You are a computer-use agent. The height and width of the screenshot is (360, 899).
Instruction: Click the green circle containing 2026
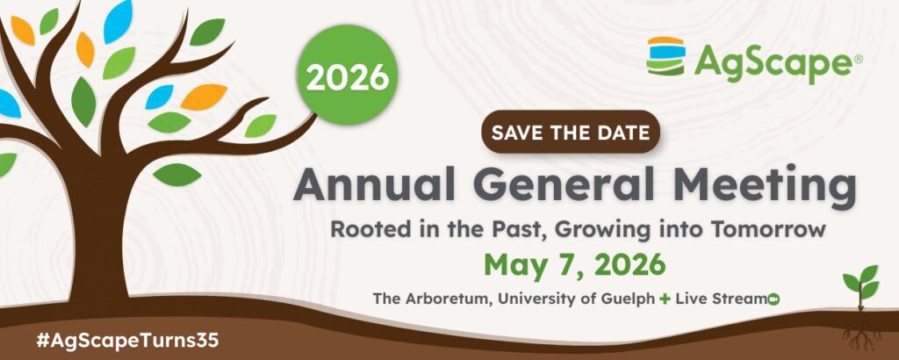tap(347, 76)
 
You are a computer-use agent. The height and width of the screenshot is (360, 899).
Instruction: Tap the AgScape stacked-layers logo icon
tap(665, 56)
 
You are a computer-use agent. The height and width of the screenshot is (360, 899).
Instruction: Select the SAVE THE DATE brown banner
tap(571, 132)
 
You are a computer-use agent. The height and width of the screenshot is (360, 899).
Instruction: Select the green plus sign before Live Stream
tap(665, 299)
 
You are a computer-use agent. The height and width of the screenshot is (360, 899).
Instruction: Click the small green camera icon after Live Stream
tap(773, 299)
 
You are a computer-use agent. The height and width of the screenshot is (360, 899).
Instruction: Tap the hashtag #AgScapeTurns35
tap(127, 341)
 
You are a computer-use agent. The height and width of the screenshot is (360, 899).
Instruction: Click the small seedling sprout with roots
tap(860, 306)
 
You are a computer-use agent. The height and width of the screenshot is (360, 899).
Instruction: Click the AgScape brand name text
tap(773, 60)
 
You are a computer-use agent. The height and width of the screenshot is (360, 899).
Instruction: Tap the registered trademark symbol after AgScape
tap(858, 57)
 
